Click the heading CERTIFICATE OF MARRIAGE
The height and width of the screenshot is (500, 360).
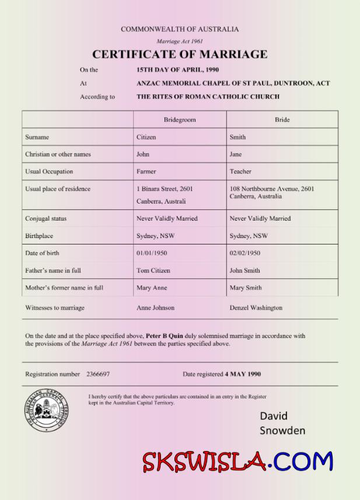(180, 55)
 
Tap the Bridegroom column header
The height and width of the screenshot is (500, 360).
(179, 120)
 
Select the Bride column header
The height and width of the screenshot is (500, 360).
(282, 120)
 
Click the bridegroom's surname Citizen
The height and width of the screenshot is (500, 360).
(146, 137)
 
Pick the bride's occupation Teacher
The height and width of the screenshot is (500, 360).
(240, 172)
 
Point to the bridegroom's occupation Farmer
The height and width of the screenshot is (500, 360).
(146, 172)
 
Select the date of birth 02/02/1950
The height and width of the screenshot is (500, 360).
(245, 253)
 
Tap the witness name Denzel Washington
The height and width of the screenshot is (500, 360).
(256, 307)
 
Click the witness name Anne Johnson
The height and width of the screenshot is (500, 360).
(155, 307)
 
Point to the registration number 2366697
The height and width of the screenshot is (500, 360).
(97, 374)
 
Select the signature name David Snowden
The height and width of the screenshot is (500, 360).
(282, 424)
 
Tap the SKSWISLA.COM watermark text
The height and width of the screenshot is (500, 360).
(237, 462)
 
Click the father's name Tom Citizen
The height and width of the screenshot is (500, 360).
(153, 271)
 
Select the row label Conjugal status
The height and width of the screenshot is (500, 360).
(46, 219)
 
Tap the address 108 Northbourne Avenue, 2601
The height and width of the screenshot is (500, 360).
(272, 189)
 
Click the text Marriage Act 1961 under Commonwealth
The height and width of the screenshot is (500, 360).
(180, 41)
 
